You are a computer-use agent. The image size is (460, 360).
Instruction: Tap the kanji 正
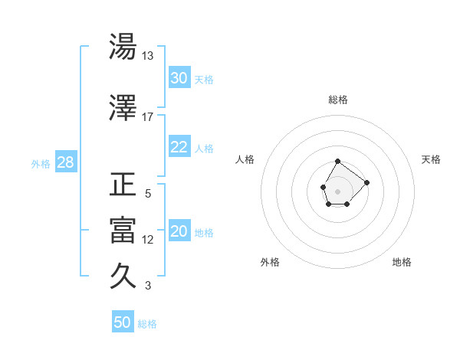(x=123, y=185)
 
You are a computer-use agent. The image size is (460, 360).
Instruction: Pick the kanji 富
(x=123, y=231)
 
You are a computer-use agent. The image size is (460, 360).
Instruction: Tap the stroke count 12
(x=148, y=239)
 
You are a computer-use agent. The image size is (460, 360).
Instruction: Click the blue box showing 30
(x=179, y=78)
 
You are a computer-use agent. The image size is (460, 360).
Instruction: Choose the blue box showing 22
(x=179, y=147)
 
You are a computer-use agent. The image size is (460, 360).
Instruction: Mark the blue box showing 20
(x=179, y=232)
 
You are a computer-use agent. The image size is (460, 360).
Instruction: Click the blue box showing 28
(x=65, y=162)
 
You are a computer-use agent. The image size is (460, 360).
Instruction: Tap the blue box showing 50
(x=123, y=322)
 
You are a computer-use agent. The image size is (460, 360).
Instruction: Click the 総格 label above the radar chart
(x=338, y=100)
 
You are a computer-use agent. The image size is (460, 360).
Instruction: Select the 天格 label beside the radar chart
(x=431, y=159)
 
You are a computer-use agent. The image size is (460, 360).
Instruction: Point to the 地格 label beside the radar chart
(x=402, y=262)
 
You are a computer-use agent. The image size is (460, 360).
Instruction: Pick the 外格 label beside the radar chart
(x=270, y=262)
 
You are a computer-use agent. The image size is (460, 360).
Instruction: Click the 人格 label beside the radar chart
(x=245, y=159)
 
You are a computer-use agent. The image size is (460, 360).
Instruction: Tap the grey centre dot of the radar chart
(x=337, y=190)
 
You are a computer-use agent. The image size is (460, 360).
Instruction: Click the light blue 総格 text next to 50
(x=147, y=324)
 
